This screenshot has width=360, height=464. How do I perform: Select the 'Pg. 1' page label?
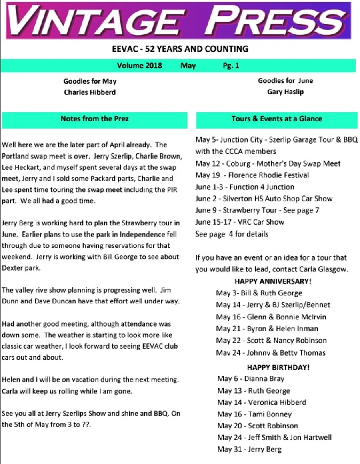(x=231, y=66)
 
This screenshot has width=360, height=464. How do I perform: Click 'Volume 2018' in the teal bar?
(x=140, y=66)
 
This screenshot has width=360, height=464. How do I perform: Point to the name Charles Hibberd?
(x=90, y=92)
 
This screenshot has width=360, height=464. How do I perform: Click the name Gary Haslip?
(x=285, y=92)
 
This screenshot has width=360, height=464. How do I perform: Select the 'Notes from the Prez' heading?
(x=94, y=119)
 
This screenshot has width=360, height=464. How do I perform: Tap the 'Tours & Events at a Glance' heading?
(x=276, y=119)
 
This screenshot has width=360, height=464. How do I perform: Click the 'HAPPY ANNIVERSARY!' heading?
(x=273, y=281)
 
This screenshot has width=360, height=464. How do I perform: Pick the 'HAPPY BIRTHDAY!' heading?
(x=278, y=367)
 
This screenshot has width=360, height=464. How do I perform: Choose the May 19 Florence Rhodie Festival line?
(x=252, y=175)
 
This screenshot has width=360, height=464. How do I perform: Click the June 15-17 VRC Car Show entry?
(x=240, y=222)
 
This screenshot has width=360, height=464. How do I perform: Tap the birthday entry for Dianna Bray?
(x=250, y=379)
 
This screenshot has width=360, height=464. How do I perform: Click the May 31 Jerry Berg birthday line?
(x=249, y=450)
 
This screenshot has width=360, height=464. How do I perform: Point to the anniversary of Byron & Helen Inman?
(x=267, y=329)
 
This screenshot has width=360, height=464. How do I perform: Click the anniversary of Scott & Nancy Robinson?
(x=271, y=341)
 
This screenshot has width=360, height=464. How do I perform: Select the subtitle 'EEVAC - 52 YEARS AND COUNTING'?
(x=180, y=49)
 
